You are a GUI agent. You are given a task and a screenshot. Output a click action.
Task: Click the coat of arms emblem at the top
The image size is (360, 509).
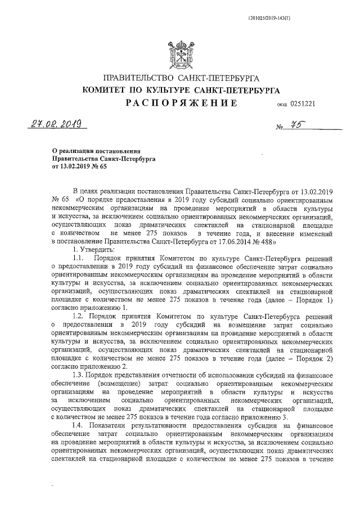(x=179, y=55)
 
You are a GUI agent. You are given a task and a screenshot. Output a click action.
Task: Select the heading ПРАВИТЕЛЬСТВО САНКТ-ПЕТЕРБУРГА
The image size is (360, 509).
(x=180, y=79)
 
